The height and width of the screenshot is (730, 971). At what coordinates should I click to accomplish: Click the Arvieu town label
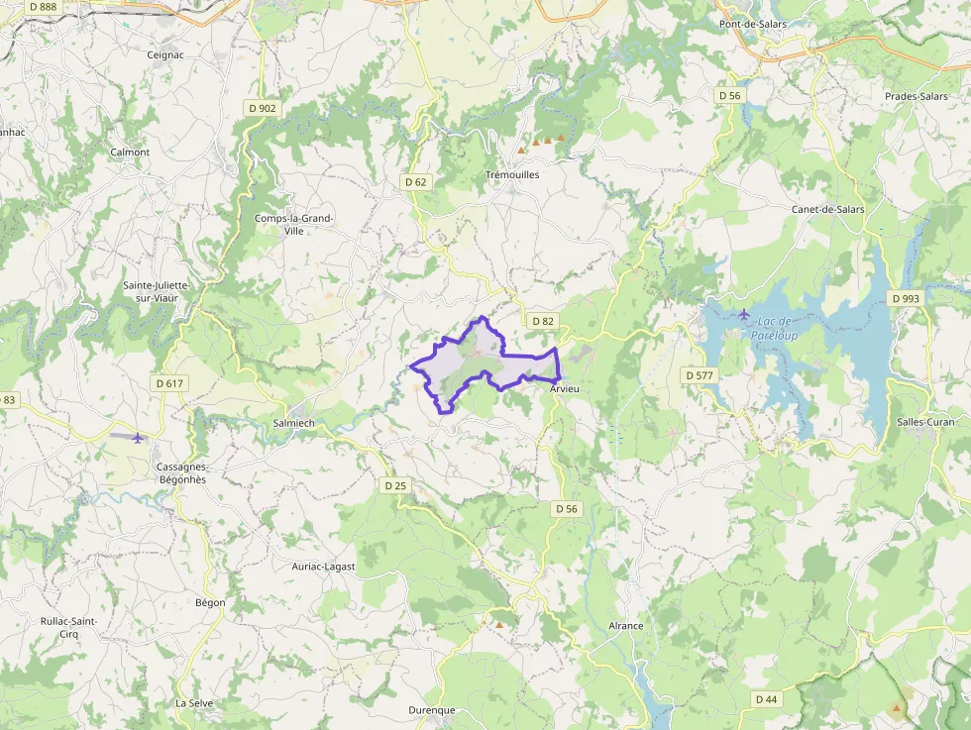pos(564,390)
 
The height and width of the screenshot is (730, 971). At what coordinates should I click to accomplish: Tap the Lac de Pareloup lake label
pos(774,328)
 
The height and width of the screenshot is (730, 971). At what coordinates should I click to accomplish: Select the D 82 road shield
pos(542,321)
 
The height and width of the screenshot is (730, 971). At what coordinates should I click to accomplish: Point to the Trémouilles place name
pos(512,174)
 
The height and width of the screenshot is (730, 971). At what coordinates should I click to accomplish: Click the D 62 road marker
pos(416,182)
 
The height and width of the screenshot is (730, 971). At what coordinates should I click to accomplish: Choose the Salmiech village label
pos(292,423)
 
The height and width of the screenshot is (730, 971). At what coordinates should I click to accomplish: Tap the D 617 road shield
pos(169,383)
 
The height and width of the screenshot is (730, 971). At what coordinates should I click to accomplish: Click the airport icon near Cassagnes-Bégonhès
pos(137,437)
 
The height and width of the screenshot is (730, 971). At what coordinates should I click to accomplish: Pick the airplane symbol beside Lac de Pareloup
pos(744,315)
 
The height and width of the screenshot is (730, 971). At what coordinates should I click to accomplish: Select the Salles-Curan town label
pos(926,422)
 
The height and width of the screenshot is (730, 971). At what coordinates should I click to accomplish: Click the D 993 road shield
pos(905,298)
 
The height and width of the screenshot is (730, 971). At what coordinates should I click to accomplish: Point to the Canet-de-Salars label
pos(827,209)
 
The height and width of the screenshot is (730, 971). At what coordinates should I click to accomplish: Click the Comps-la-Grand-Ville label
pos(294,224)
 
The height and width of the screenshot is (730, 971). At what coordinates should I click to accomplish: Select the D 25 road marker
pos(394,485)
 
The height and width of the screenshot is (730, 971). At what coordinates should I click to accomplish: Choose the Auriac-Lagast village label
pos(323,566)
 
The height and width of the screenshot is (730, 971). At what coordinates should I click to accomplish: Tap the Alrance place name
pos(625,626)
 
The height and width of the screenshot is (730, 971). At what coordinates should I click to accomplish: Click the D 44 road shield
pos(765,699)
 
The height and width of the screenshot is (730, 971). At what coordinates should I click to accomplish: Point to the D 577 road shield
pos(700,375)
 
